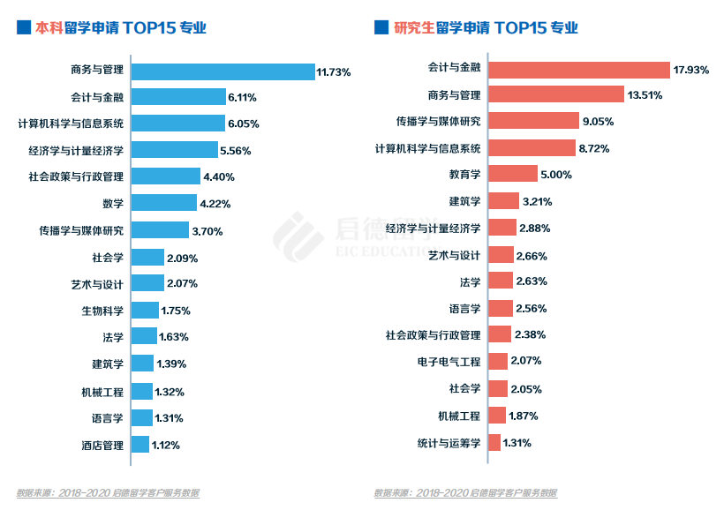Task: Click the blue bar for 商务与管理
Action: [x=222, y=71]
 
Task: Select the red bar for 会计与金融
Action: [x=579, y=70]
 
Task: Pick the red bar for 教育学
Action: [x=512, y=174]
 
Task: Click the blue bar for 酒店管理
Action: [x=140, y=445]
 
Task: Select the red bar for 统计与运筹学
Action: [x=494, y=442]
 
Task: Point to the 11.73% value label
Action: [x=335, y=71]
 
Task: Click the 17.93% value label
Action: [x=691, y=70]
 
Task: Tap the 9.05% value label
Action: [x=596, y=122]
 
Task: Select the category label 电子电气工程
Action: [x=449, y=361]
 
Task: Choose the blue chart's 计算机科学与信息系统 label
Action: [x=71, y=124]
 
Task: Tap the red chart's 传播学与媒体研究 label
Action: [x=439, y=121]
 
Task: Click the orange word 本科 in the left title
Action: [x=49, y=27]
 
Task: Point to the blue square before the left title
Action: [x=23, y=27]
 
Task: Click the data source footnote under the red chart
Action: [x=465, y=492]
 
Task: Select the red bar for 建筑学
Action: [x=503, y=201]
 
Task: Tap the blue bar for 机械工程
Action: [x=140, y=391]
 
